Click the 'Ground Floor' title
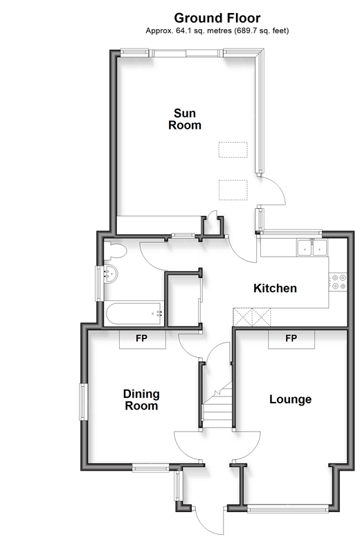point(217,18)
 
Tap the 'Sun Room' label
point(185,119)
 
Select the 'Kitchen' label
point(275,288)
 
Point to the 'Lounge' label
point(291,399)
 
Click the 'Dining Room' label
point(141,399)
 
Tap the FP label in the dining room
point(141,338)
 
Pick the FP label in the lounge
point(291,338)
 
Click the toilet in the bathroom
point(115,250)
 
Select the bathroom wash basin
point(111,274)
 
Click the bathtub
point(134,313)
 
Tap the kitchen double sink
point(312,248)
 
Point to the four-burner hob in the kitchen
point(339,282)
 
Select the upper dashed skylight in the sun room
point(233,150)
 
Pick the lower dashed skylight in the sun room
point(233,190)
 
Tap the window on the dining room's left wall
point(82,402)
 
